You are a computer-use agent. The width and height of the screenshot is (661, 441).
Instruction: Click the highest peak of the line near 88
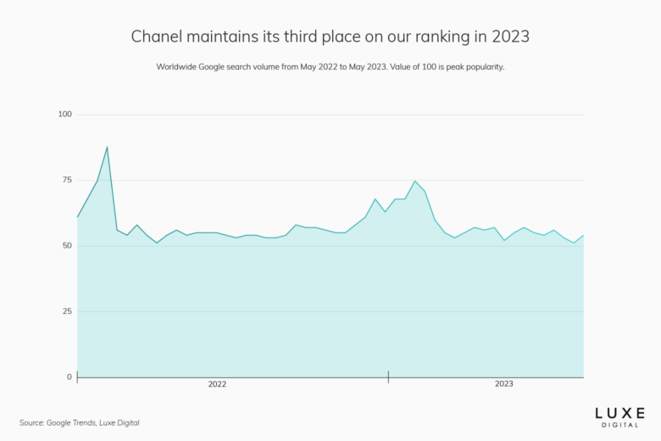[x=107, y=147]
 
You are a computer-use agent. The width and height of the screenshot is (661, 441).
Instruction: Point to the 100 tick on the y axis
[x=65, y=114]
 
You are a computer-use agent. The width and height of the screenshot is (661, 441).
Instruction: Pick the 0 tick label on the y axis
[x=69, y=377]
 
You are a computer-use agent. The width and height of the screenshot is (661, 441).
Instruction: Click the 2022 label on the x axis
[x=217, y=384]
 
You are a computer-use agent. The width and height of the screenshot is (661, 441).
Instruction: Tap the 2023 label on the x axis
[x=503, y=384]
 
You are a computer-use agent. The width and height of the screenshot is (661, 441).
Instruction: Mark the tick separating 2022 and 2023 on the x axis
[x=388, y=376]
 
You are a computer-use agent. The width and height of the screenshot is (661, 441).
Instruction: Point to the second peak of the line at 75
[x=415, y=181]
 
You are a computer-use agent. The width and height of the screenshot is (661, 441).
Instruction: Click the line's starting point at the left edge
[x=77, y=217]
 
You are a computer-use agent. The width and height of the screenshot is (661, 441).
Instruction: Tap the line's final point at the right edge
[x=584, y=235]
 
